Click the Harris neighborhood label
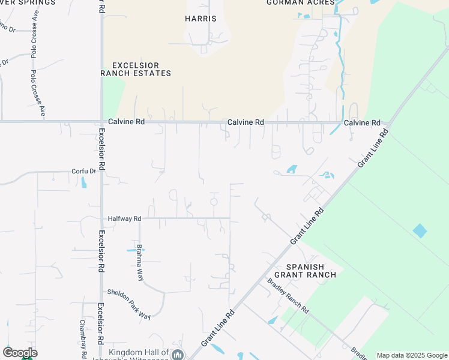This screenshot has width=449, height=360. (x=200, y=19)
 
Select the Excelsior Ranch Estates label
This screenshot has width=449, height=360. (x=136, y=69)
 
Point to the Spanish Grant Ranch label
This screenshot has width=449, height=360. (x=305, y=271)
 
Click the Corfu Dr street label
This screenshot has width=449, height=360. (x=83, y=171)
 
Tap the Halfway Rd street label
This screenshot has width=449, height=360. (x=124, y=219)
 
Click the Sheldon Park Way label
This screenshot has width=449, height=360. (x=128, y=303)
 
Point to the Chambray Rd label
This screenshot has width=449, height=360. (x=83, y=336)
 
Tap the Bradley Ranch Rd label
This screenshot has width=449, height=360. (x=288, y=296)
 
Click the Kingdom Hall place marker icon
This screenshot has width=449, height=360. (x=178, y=355)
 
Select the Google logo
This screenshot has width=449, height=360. (x=20, y=353)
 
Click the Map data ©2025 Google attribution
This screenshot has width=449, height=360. (x=412, y=355)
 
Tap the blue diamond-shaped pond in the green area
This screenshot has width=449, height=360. (x=420, y=230)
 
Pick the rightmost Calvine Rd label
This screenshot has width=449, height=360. (x=362, y=122)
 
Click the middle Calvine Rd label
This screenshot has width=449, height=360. (x=246, y=122)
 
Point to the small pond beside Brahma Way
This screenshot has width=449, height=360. (x=132, y=250)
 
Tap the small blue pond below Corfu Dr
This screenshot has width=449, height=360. (x=83, y=182)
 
